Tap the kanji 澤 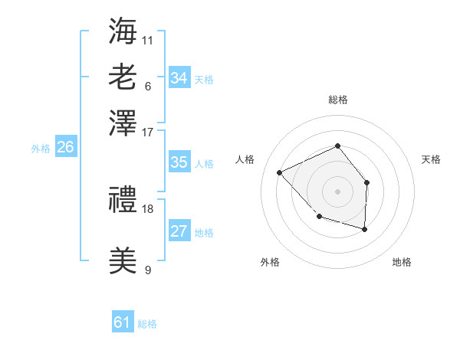[x=123, y=123]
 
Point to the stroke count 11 [x=148, y=40]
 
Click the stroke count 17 [x=148, y=132]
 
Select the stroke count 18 [x=148, y=208]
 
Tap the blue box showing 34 [x=179, y=77]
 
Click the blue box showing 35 [x=179, y=162]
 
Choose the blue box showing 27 [x=179, y=231]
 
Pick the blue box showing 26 [x=65, y=147]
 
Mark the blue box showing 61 [x=122, y=322]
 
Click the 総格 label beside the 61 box [x=147, y=324]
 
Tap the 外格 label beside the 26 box [x=41, y=149]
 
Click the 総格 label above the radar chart [x=337, y=100]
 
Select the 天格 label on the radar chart [x=432, y=159]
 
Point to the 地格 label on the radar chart [x=402, y=262]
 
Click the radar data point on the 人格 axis [x=280, y=172]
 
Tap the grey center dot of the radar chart [x=337, y=191]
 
